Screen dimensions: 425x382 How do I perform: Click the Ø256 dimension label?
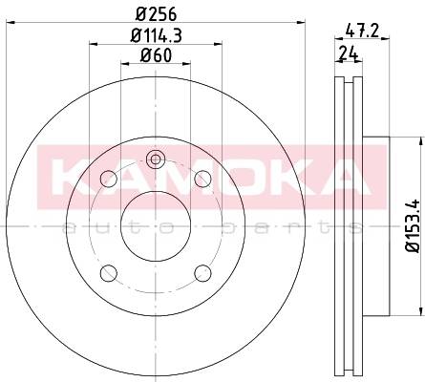(x=156, y=14)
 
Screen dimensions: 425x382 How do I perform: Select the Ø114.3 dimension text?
(x=157, y=35)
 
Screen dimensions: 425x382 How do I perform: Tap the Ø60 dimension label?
(x=156, y=55)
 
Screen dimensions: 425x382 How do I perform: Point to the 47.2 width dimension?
(x=362, y=31)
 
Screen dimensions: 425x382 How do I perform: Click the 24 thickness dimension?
(x=349, y=53)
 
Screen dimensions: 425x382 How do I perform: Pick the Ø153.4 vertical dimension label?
(x=414, y=226)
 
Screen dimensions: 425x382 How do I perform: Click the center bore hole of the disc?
(x=156, y=226)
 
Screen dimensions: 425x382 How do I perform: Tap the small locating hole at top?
(x=156, y=159)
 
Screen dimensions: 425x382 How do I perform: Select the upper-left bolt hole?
(x=109, y=179)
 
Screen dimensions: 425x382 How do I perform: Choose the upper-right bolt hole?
(x=202, y=179)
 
